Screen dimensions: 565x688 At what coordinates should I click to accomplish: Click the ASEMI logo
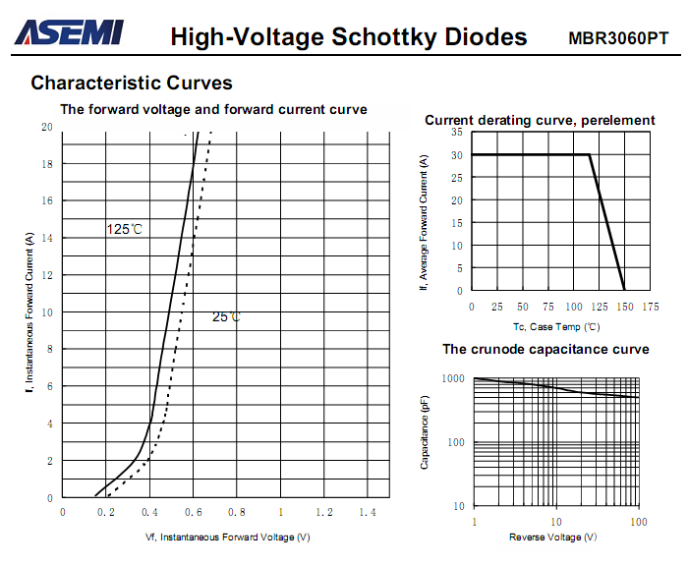[x=69, y=33]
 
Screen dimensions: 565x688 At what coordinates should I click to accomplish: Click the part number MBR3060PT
[x=618, y=38]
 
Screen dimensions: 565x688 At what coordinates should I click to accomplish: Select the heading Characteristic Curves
[x=132, y=84]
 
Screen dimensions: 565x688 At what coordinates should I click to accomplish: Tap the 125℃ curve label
[x=125, y=229]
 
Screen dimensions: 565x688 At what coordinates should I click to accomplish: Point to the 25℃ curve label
[x=227, y=317]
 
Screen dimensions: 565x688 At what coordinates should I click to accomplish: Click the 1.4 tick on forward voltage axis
[x=367, y=513]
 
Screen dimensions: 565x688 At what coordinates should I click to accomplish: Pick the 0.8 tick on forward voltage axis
[x=236, y=513]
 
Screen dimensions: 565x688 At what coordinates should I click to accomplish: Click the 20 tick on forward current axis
[x=47, y=128]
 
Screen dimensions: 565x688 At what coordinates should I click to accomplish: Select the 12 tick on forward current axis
[x=47, y=276]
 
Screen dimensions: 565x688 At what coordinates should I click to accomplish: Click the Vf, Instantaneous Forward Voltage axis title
[x=227, y=537]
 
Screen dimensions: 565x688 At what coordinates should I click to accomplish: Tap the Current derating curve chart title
[x=540, y=120]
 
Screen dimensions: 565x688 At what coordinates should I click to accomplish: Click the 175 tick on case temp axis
[x=650, y=307]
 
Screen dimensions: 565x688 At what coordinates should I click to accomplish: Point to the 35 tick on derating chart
[x=457, y=132]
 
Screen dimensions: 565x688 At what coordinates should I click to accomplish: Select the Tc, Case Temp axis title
[x=555, y=325]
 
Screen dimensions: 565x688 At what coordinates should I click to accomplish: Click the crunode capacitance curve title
[x=545, y=349]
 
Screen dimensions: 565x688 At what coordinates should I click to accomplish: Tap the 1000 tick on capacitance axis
[x=453, y=378]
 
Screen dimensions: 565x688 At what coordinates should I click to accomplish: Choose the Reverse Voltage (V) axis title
[x=552, y=537]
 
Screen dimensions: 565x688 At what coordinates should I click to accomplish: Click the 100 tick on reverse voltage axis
[x=639, y=522]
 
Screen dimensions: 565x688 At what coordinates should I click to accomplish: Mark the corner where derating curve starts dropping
[x=590, y=155]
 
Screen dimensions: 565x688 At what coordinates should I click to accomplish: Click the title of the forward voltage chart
[x=213, y=109]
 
